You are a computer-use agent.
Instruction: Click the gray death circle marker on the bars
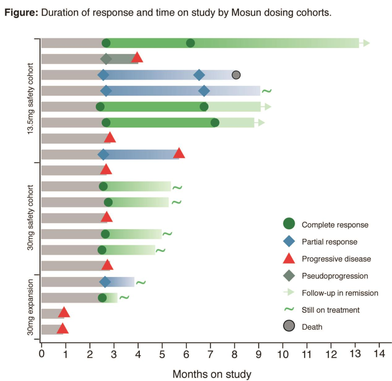tap(236, 75)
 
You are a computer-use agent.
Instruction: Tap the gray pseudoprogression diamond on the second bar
tap(106, 59)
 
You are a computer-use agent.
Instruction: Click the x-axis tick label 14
tap(379, 354)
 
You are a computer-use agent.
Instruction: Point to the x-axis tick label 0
tap(42, 354)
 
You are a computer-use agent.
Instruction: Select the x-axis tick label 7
tap(211, 354)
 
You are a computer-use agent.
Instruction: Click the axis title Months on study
tap(212, 374)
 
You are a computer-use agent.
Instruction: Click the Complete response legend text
tap(335, 225)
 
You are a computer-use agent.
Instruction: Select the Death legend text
tap(312, 327)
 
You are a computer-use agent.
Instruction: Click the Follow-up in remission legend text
tap(340, 293)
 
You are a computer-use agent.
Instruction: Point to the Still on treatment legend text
tap(331, 310)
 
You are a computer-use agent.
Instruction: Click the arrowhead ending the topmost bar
tap(366, 43)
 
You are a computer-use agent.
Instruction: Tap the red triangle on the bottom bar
tap(62, 329)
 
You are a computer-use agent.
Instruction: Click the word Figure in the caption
tap(21, 13)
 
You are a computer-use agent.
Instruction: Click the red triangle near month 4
tap(137, 57)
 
